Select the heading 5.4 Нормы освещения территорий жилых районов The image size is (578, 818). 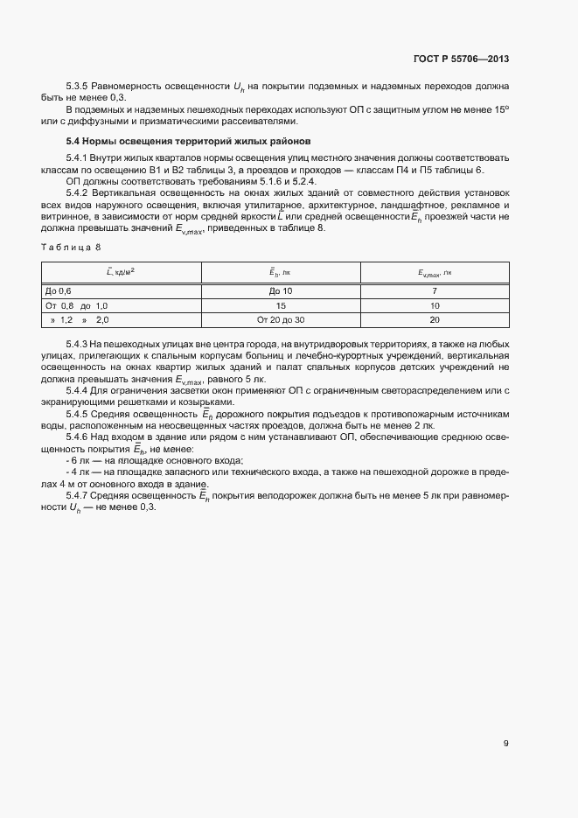(188, 141)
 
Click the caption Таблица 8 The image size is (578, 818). (71, 247)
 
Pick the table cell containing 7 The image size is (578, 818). (435, 290)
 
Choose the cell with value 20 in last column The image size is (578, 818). (435, 321)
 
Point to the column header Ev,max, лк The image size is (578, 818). (435, 273)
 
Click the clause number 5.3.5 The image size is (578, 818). (78, 86)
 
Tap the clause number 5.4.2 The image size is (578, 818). (78, 191)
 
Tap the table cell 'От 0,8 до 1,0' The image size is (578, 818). (76, 306)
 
